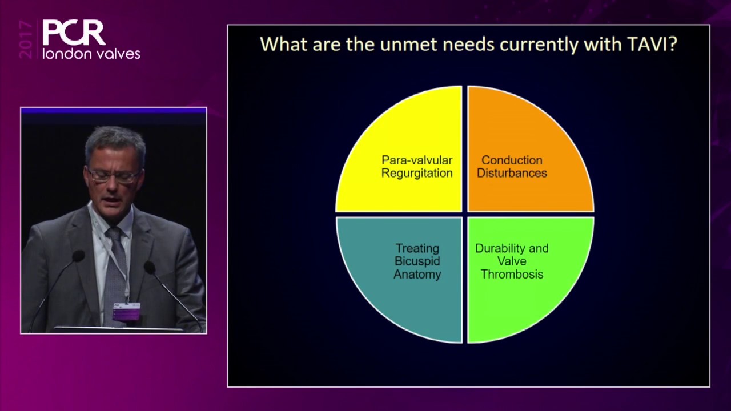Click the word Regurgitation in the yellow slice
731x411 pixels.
click(417, 173)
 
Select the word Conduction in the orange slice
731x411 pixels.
click(512, 160)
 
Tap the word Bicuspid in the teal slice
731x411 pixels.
click(417, 261)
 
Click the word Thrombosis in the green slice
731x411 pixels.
click(512, 274)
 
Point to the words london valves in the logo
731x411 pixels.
click(91, 54)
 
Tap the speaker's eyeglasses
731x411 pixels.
click(113, 175)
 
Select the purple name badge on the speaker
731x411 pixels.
click(126, 312)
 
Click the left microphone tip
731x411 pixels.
click(78, 256)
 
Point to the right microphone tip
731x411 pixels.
click(150, 267)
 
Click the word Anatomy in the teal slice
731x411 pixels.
click(417, 274)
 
